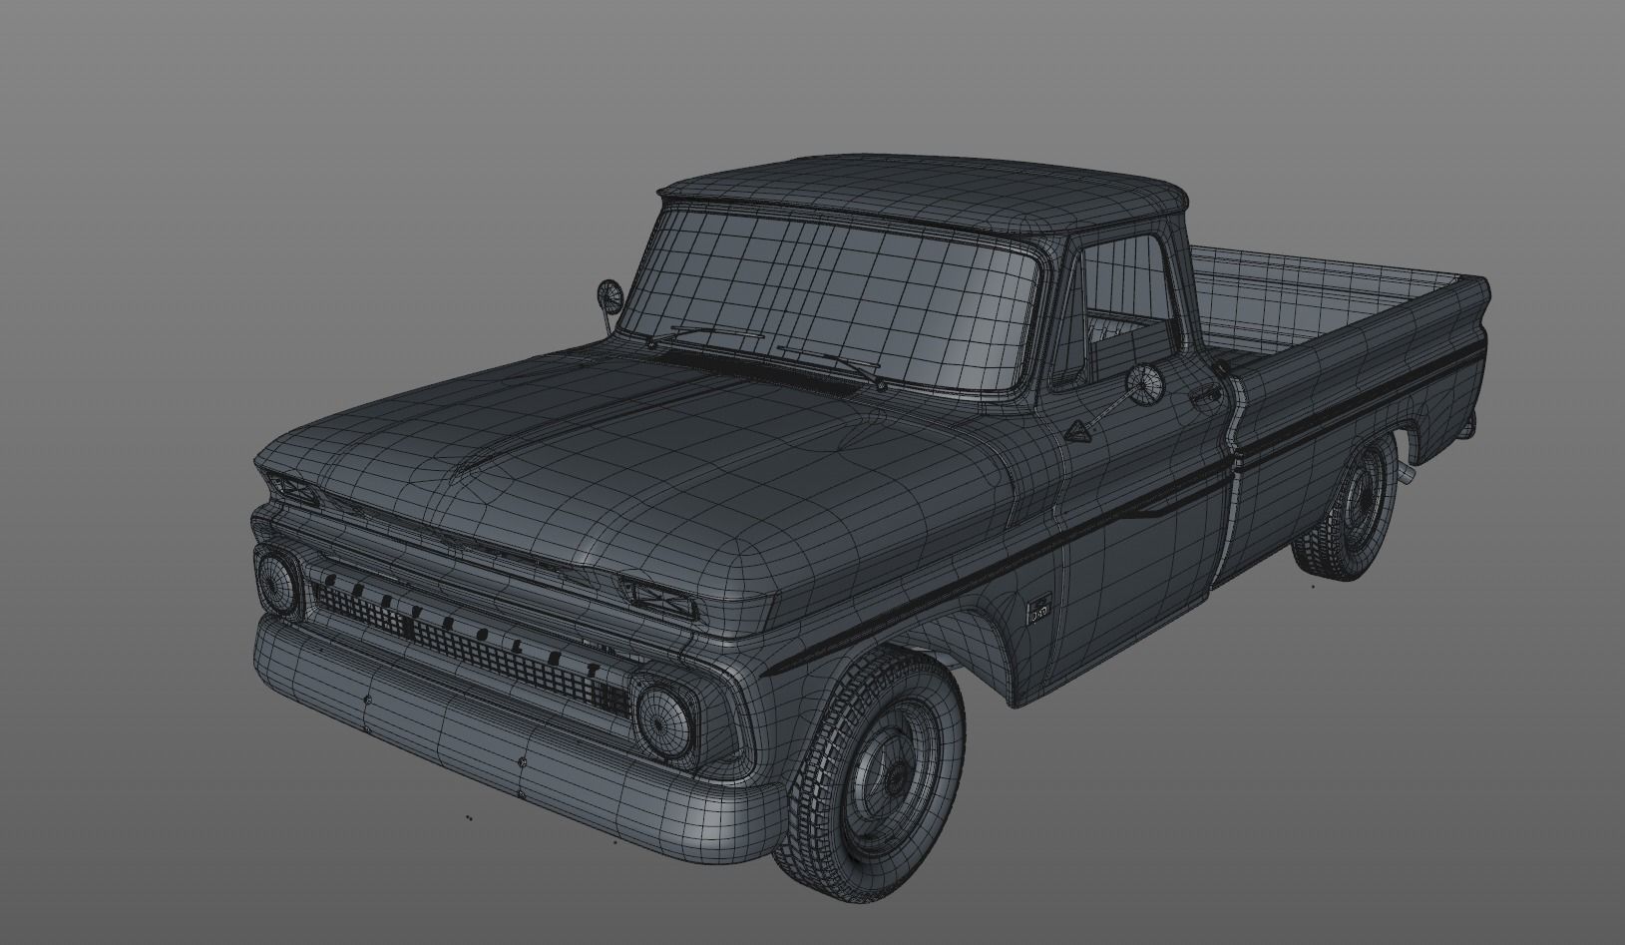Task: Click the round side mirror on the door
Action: [1144, 383]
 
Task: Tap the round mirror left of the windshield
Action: [609, 295]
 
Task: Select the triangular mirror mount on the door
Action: [1077, 431]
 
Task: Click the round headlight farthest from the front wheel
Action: [278, 582]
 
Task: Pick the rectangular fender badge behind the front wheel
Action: [1039, 607]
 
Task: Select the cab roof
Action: [918, 190]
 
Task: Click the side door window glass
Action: [1122, 299]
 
